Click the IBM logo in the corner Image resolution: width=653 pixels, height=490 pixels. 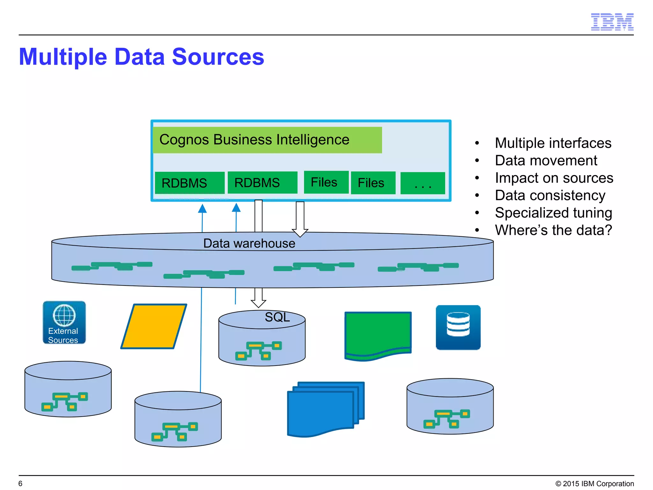[612, 22]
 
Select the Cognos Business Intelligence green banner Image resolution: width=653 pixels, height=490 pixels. [267, 140]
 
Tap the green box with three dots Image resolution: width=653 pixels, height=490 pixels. [422, 183]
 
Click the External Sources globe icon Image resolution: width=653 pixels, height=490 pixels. [64, 322]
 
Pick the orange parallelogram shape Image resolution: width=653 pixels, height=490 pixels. [154, 326]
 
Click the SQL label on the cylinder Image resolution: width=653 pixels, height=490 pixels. [277, 317]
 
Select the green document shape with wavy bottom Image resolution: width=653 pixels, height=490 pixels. [378, 335]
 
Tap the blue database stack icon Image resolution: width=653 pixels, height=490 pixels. [458, 327]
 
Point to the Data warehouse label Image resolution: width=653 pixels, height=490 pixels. [249, 243]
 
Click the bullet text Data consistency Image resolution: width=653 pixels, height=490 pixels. [550, 195]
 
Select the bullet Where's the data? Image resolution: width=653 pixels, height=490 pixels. [553, 230]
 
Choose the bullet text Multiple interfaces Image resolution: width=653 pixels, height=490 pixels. [553, 143]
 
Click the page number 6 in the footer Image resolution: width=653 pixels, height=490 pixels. [20, 483]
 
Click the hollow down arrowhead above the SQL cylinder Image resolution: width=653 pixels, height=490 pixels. [258, 303]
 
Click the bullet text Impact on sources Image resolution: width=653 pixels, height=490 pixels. [554, 178]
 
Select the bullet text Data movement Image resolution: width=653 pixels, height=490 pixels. [546, 160]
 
